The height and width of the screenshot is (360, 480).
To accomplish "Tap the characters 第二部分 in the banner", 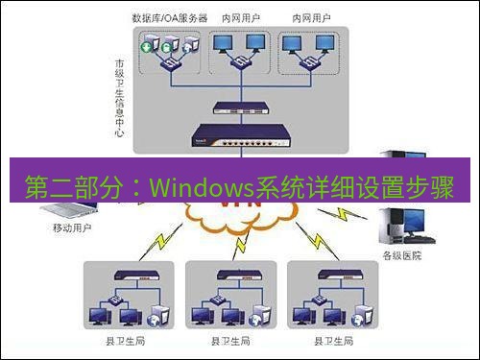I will [66, 182].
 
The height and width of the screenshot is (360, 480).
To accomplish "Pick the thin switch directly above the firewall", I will [235, 110].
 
